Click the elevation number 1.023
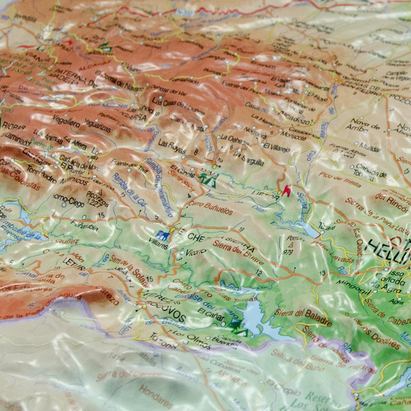pos(347,155)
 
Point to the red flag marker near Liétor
pos(286,190)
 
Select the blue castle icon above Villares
pos(163,235)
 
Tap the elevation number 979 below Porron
pos(288,252)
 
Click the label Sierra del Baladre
pos(303,313)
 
